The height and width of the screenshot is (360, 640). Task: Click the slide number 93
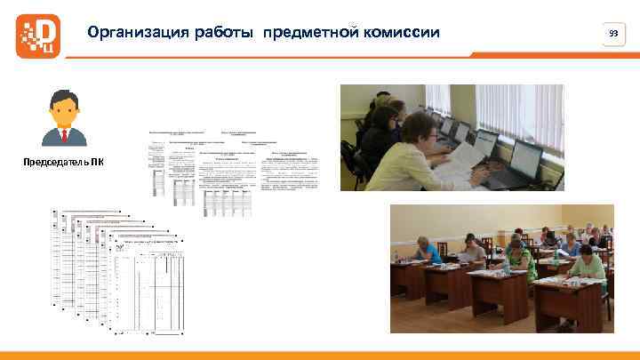[612, 34]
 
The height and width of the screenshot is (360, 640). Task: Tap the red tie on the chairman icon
[63, 135]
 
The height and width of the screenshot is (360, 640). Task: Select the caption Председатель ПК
[63, 161]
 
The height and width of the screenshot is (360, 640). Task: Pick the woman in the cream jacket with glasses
[427, 151]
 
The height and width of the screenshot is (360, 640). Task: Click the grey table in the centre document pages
[228, 201]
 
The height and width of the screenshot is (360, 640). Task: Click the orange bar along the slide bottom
[320, 356]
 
